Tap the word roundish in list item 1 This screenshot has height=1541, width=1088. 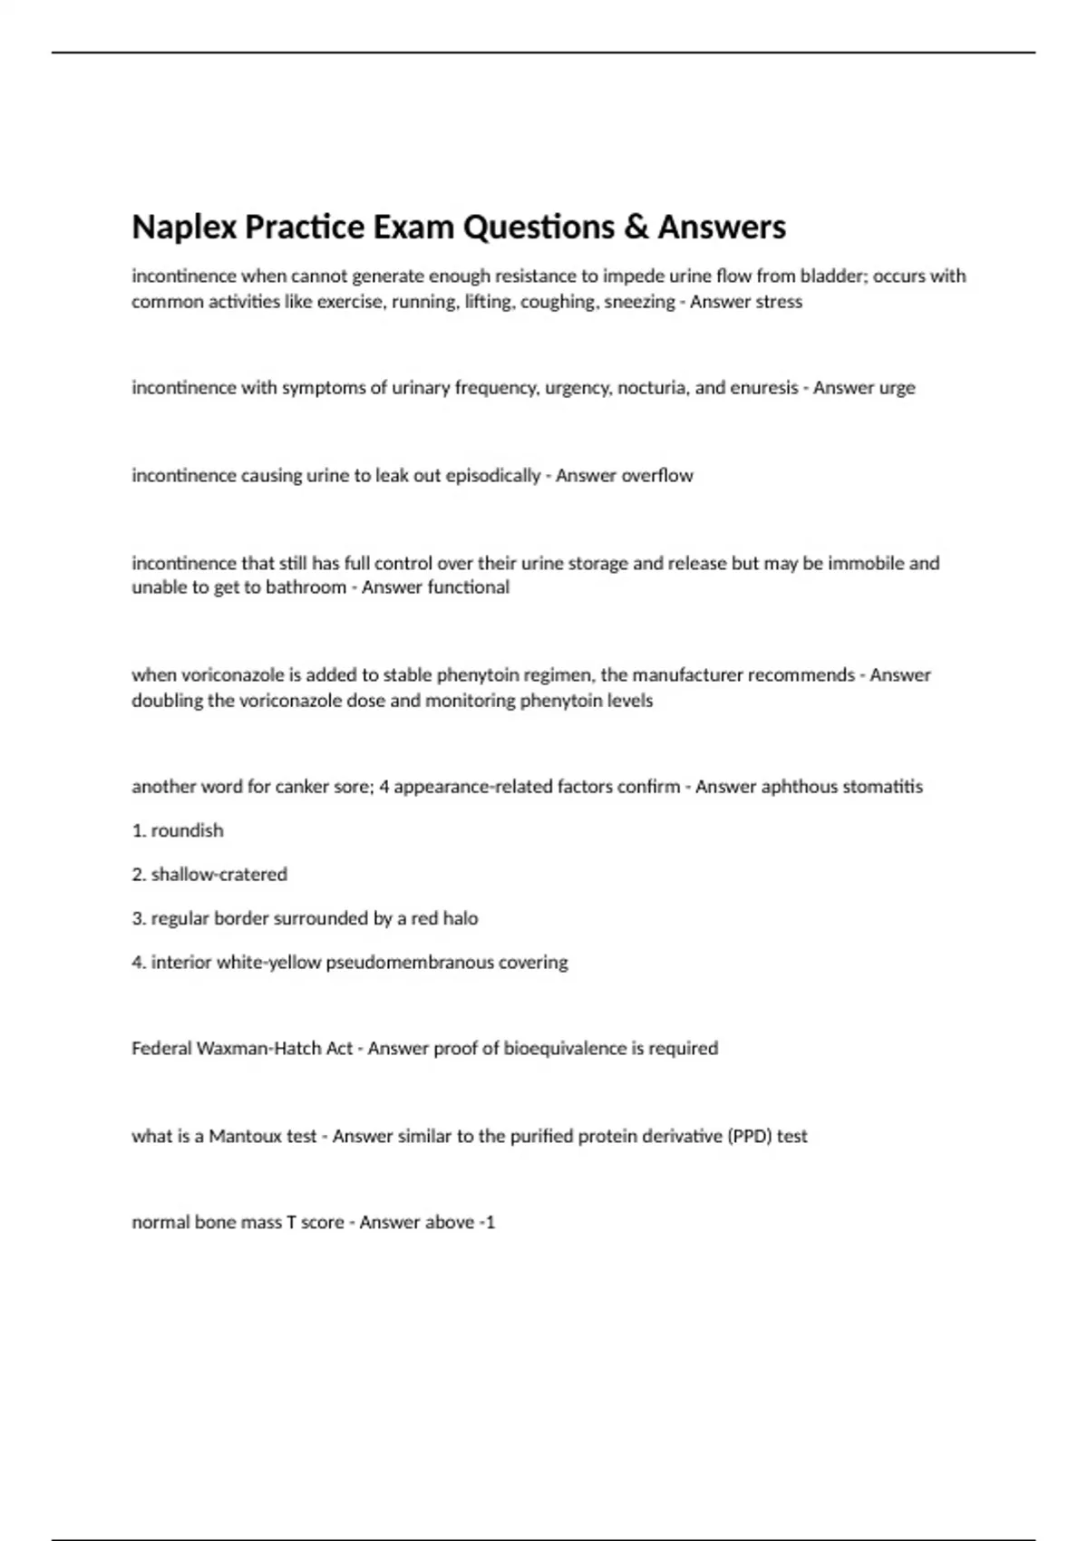pyautogui.click(x=187, y=831)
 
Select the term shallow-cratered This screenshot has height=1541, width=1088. pyautogui.click(x=219, y=875)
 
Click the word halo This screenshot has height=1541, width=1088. pyautogui.click(x=461, y=919)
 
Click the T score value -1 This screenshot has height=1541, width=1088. pyautogui.click(x=488, y=1223)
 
